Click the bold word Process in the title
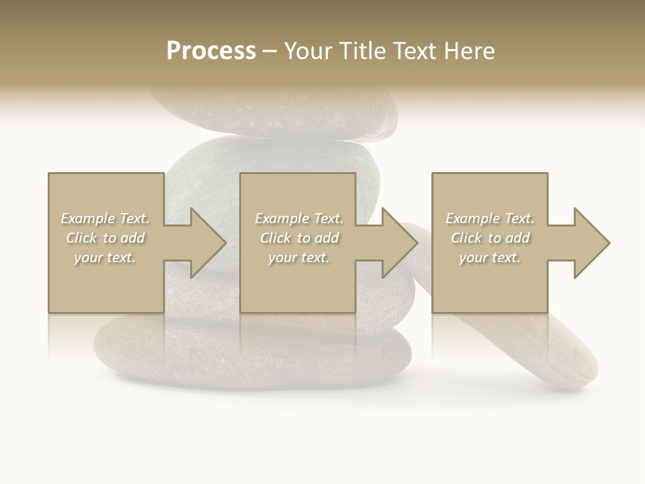pos(211,51)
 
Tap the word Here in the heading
pos(470,51)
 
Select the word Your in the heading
pos(307,51)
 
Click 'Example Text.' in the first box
pos(105,218)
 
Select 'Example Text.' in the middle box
pos(299,218)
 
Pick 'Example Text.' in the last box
pos(490,218)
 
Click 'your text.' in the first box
pos(105,257)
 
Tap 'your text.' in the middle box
pos(299,257)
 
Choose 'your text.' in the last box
pos(490,257)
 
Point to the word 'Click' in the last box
pos(466,238)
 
